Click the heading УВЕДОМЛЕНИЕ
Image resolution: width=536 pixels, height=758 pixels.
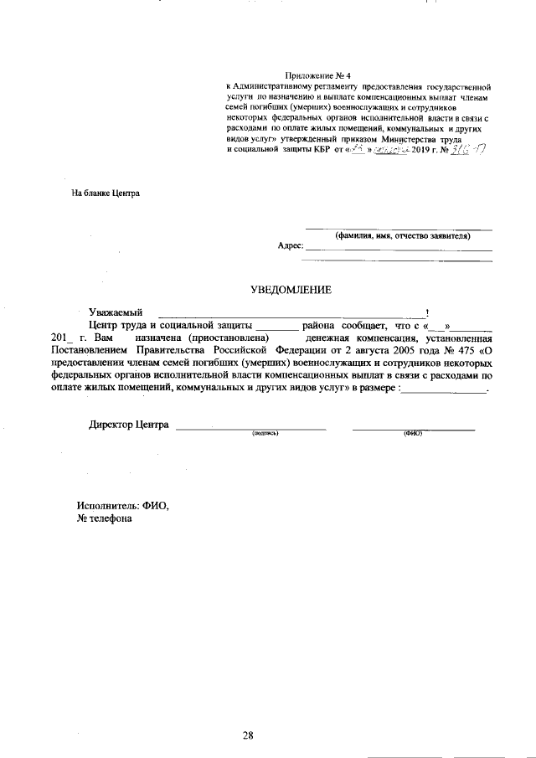point(291,290)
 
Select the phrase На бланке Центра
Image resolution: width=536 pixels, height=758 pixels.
point(106,193)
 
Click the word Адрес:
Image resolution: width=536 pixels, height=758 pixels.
point(289,246)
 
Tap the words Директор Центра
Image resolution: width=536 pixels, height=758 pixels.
point(129,424)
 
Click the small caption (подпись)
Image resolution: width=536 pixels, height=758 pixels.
point(265,434)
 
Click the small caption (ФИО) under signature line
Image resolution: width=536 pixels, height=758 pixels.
point(412,434)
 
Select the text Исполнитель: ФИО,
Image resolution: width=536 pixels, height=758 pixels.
point(122,506)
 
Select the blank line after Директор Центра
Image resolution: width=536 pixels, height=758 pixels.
point(250,427)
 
